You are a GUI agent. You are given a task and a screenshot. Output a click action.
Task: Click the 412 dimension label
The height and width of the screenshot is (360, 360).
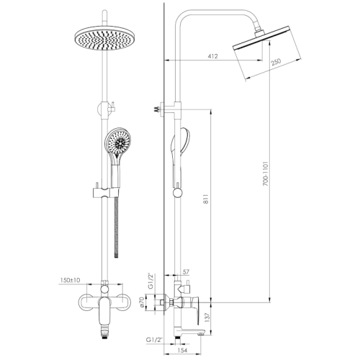point(212,56)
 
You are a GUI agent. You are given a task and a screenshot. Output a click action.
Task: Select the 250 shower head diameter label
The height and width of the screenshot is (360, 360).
point(276,62)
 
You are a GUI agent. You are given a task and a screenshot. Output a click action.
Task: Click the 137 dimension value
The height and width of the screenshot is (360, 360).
point(207,318)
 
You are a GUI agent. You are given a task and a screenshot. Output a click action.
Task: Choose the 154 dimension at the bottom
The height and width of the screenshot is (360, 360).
point(183,350)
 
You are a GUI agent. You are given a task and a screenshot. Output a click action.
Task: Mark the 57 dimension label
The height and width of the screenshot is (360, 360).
point(186,272)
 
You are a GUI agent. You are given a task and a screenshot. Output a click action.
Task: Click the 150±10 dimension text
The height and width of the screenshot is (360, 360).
point(70,280)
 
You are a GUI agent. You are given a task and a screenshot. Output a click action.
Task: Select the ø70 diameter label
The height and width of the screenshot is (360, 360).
point(142,302)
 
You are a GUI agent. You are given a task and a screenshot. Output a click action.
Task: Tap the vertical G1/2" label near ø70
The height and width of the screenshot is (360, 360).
point(150,281)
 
